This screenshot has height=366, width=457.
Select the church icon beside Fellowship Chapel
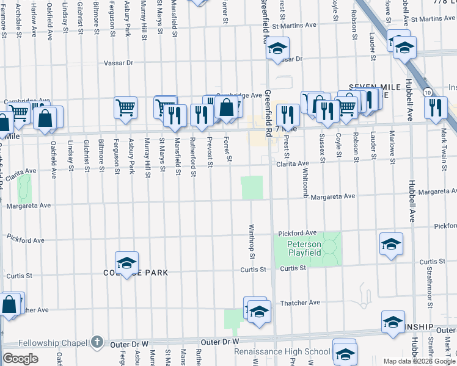pos(96,343)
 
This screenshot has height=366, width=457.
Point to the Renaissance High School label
pos(282,352)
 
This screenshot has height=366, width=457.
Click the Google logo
pos(20,359)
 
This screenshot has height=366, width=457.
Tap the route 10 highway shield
pos(428,92)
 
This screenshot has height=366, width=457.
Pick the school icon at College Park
pos(126,263)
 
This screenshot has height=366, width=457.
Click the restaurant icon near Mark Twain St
pos(436,107)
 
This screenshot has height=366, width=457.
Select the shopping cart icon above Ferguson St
pos(125,107)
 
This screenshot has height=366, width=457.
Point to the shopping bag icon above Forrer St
pos(226,107)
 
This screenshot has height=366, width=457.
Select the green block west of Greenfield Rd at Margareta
pos(252,188)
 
